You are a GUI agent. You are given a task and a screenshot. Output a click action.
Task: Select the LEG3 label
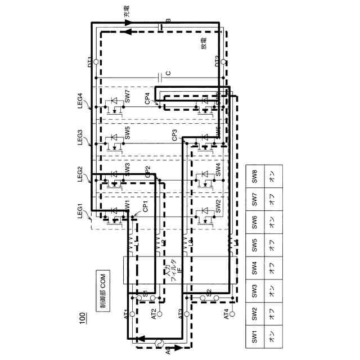pos(82,138)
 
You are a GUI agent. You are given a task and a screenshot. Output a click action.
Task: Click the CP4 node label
pos(147,98)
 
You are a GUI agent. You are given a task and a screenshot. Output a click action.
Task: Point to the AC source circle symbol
pos(156,341)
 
